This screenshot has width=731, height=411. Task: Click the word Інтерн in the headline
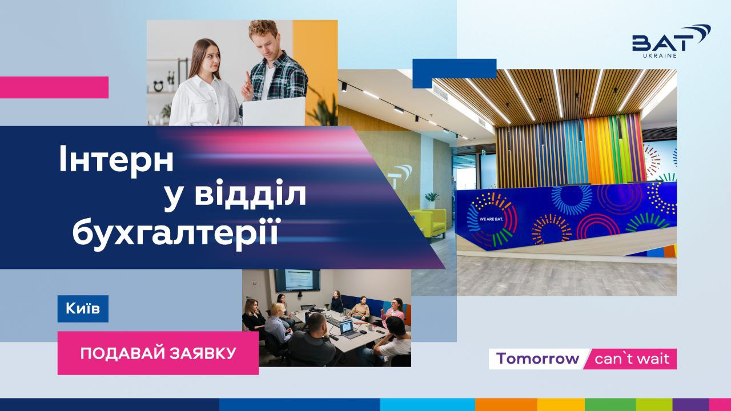(116, 159)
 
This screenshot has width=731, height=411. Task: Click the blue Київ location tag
(83, 309)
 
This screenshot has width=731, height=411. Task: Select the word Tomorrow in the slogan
(537, 358)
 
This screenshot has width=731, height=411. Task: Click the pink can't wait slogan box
(630, 359)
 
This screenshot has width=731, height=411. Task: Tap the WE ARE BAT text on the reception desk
(491, 219)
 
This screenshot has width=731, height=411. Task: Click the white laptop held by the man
(274, 112)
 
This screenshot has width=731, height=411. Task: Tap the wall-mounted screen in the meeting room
(298, 280)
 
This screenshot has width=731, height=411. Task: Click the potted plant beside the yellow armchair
(432, 200)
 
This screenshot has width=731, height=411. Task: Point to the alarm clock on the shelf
(158, 86)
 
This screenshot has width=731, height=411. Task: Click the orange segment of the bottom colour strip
(506, 405)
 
